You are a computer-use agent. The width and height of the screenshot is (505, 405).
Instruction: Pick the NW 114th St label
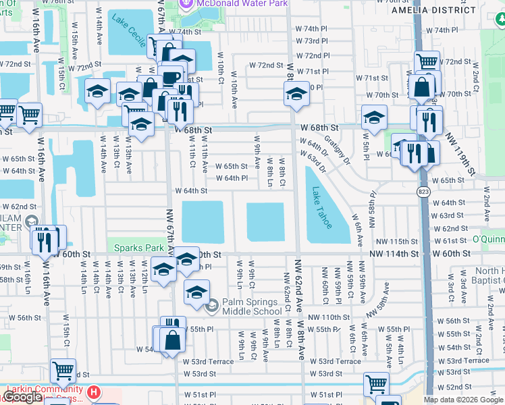click(x=394, y=254)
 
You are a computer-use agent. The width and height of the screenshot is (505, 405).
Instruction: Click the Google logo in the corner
click(x=22, y=397)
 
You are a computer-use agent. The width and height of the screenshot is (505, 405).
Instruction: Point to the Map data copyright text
click(x=464, y=400)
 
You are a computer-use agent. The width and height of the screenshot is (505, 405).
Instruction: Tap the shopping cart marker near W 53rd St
click(x=63, y=370)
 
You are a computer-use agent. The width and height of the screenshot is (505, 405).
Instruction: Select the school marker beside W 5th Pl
click(x=374, y=118)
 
